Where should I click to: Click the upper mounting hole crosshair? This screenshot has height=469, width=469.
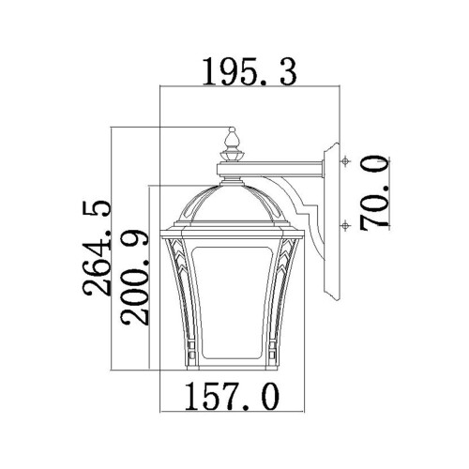click(x=346, y=161)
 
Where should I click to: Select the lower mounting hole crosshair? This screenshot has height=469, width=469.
click(x=346, y=224)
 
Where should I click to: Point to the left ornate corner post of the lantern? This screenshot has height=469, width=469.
click(x=175, y=300)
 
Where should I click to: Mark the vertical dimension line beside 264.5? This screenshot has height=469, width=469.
click(x=113, y=249)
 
